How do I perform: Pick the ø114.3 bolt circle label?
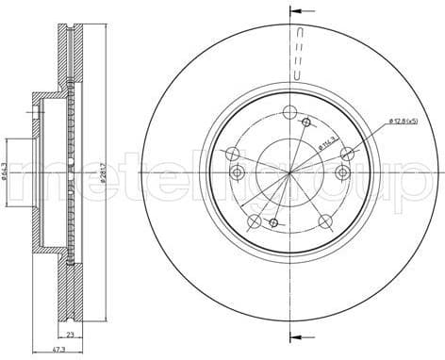click(329, 142)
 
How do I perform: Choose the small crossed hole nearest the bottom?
click(273, 222)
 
